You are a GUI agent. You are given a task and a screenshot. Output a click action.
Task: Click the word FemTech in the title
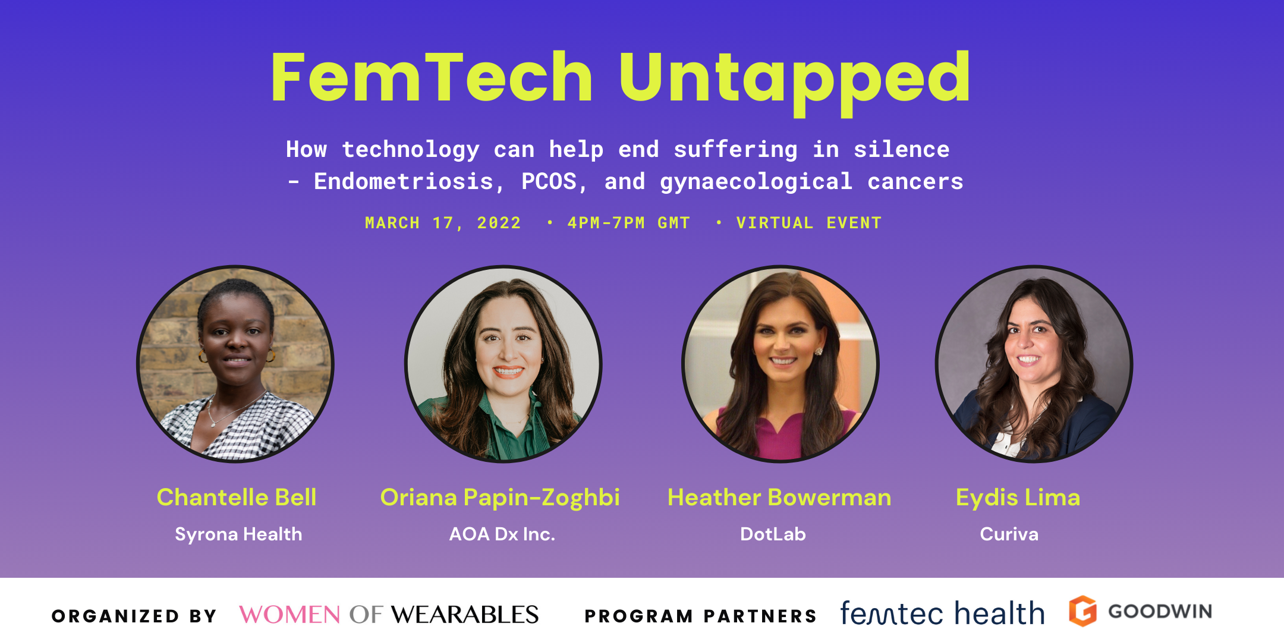pos(432,77)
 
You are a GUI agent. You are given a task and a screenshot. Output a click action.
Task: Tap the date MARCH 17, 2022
pos(443,223)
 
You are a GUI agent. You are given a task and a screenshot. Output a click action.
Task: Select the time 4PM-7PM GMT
pos(628,223)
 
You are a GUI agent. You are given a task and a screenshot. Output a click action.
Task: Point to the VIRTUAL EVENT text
pos(808,223)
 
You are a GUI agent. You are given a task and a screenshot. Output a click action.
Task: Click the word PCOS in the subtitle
pos(549,181)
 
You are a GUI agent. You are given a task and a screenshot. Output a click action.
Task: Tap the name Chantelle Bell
pos(237,498)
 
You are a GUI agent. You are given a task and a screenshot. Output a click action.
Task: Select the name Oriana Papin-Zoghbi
pos(500,498)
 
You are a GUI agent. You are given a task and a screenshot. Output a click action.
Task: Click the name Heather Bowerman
pos(779,498)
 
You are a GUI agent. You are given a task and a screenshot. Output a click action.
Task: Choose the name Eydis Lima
pos(1018,498)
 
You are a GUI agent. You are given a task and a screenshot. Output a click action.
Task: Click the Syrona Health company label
pos(238,534)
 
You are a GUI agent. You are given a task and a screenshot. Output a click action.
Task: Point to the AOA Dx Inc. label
pos(502,534)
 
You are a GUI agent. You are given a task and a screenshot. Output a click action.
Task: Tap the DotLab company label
pos(773,534)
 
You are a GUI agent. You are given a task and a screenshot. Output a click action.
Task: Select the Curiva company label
pos(1009,534)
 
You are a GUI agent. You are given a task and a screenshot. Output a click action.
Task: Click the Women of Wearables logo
pos(389,615)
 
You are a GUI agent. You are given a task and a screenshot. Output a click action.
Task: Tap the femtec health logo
pos(942,613)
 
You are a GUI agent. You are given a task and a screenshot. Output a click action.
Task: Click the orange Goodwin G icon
pos(1082,611)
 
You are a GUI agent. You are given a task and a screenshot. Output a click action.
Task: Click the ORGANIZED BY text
pos(134,616)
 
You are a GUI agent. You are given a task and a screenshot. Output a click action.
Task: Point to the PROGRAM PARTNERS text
pos(701,616)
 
